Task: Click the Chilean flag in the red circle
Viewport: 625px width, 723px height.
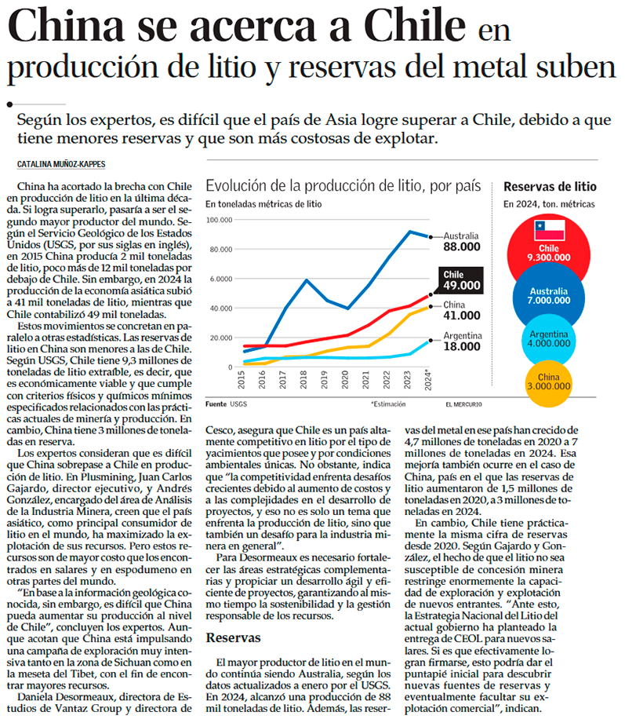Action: point(548,229)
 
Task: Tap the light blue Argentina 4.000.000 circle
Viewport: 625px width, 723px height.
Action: point(548,338)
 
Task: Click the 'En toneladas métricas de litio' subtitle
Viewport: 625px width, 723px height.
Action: point(263,204)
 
